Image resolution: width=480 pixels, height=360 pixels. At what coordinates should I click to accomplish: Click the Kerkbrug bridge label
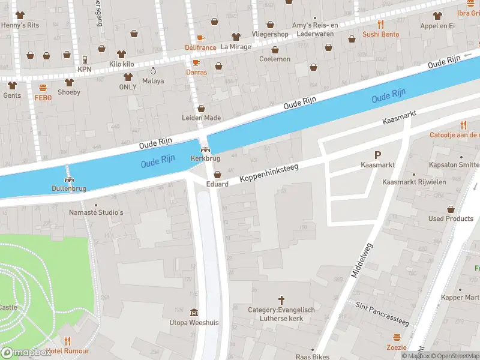205,158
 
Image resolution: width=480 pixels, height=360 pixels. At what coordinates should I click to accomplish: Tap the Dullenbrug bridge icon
69,179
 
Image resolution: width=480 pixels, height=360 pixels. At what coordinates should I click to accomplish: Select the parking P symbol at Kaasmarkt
377,155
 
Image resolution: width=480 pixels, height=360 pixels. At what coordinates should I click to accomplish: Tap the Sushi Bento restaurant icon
380,25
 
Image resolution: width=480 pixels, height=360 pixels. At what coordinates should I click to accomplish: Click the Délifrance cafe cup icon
200,38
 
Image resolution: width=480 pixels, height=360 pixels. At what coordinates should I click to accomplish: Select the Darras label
196,72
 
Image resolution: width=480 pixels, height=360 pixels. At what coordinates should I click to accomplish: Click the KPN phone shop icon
85,59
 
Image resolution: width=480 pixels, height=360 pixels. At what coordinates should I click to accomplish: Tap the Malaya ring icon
152,71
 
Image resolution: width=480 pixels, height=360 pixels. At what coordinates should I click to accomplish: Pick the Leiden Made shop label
201,118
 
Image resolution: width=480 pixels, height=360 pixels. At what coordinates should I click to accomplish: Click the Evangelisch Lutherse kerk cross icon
281,299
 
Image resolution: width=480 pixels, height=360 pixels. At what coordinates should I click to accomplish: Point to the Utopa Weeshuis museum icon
194,313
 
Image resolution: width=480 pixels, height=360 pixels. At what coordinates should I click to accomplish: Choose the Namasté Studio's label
96,212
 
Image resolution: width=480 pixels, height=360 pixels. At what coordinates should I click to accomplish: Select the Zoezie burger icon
396,337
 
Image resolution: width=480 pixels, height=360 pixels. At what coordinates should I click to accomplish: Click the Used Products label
451,218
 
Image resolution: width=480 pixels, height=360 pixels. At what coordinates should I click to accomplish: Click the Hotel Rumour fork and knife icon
68,341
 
